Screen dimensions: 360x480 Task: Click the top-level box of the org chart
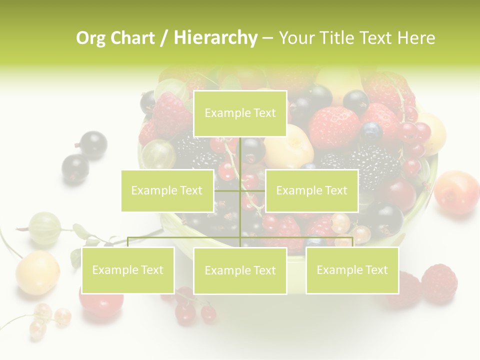point(240,113)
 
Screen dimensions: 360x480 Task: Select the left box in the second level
point(167,190)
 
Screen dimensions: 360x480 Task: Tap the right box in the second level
point(311,190)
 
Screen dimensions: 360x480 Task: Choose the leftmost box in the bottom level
point(128,270)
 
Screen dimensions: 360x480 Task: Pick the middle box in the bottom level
point(240,270)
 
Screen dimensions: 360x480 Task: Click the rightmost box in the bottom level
point(352,270)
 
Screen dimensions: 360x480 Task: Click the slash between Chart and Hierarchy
point(164,38)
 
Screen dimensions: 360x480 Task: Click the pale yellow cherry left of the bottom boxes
point(37,272)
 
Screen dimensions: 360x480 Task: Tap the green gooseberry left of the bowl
point(44,228)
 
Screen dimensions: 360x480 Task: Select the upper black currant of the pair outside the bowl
point(93,145)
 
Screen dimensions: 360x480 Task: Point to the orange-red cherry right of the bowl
point(456,192)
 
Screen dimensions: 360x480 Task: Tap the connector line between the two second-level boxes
point(240,190)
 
